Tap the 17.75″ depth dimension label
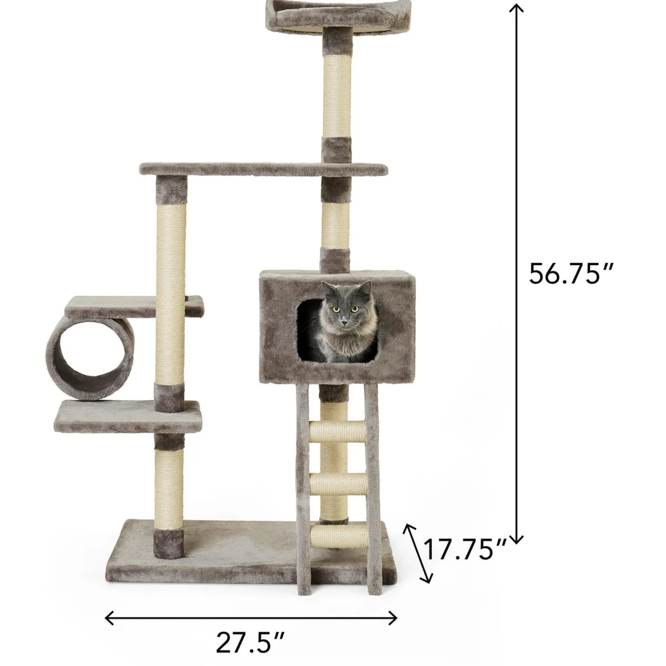pos(466,549)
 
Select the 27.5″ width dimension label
pos(250,642)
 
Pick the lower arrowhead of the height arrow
pos(516,540)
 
